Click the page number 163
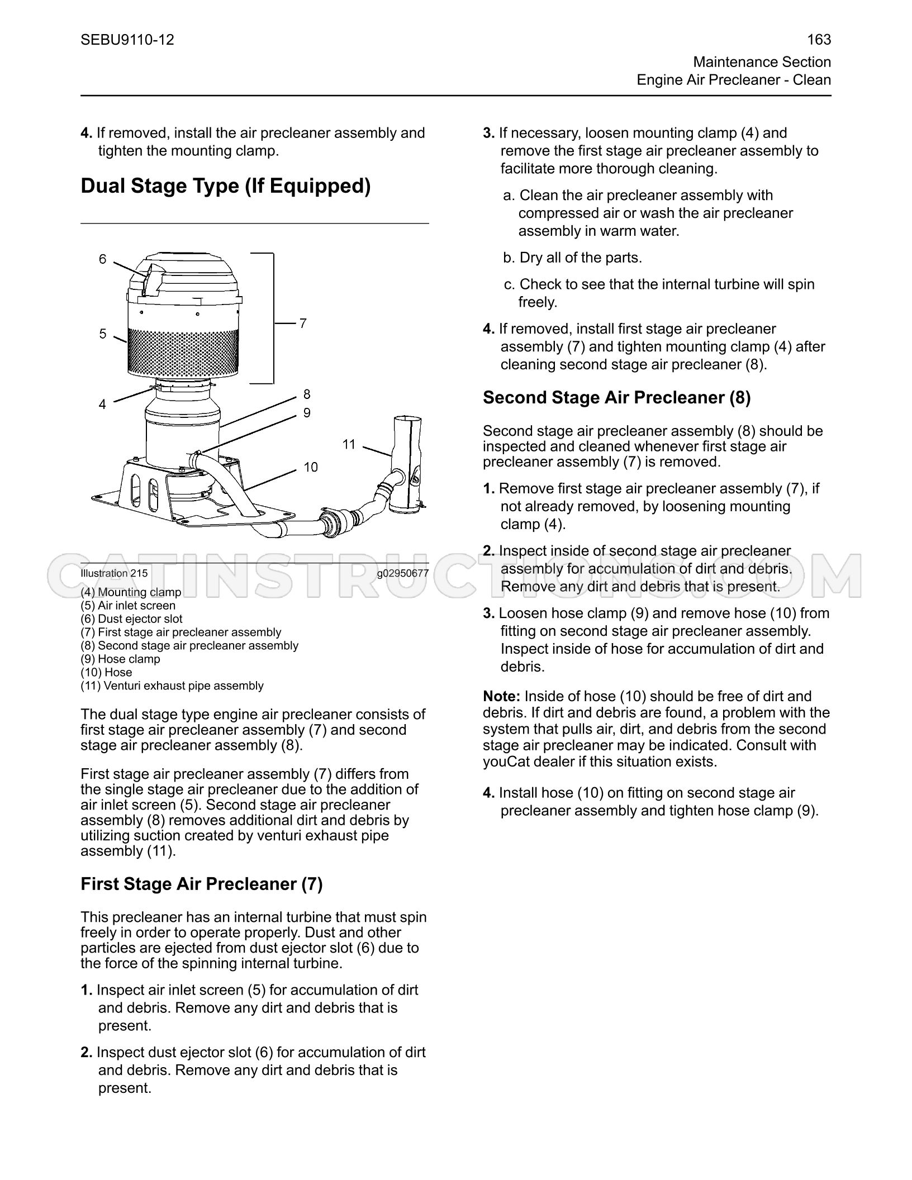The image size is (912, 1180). click(819, 40)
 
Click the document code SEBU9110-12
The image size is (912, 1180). click(127, 40)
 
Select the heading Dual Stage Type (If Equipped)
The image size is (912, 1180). click(226, 186)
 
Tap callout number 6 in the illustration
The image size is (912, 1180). click(102, 259)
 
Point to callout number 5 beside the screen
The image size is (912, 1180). click(102, 334)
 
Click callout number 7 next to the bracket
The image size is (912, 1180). click(302, 323)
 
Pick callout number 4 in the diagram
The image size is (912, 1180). click(102, 404)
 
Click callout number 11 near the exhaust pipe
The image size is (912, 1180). click(349, 444)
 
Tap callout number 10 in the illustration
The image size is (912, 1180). click(311, 467)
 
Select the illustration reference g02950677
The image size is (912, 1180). click(402, 573)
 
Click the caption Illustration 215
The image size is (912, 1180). click(114, 573)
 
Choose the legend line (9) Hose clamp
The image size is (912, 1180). click(120, 659)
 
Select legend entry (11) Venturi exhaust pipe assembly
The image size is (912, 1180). click(172, 686)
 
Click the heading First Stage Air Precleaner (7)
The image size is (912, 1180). click(202, 884)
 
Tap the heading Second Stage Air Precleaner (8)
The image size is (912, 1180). click(617, 398)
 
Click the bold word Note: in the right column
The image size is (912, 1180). click(502, 696)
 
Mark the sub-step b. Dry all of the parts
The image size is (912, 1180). click(573, 258)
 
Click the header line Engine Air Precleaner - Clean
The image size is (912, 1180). click(734, 80)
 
